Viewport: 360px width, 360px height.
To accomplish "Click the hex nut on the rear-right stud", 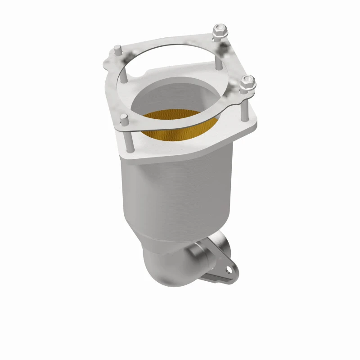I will pyautogui.click(x=220, y=31).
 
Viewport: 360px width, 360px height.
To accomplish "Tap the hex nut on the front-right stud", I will pyautogui.click(x=247, y=83).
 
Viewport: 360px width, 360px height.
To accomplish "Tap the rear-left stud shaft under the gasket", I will pyautogui.click(x=117, y=63).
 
